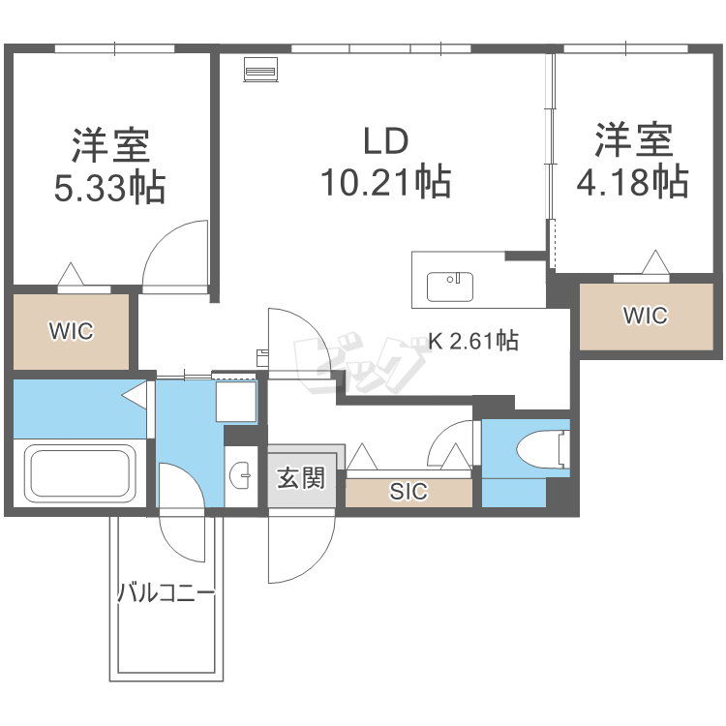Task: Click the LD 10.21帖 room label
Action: [x=386, y=162]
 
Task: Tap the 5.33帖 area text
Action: [x=110, y=188]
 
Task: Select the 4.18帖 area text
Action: [x=632, y=182]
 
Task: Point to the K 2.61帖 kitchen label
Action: [x=473, y=341]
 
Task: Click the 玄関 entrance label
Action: [x=301, y=478]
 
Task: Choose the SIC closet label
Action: [x=408, y=491]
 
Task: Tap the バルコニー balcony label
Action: [x=166, y=592]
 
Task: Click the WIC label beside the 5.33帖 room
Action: [x=72, y=331]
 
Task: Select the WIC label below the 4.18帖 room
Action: [x=646, y=316]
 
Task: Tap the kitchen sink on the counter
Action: [x=450, y=287]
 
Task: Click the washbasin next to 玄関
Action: [x=240, y=475]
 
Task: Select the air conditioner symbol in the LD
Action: [x=261, y=70]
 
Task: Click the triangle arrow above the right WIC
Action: [x=655, y=261]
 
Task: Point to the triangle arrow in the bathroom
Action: [x=135, y=395]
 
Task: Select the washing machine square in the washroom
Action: [x=236, y=402]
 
